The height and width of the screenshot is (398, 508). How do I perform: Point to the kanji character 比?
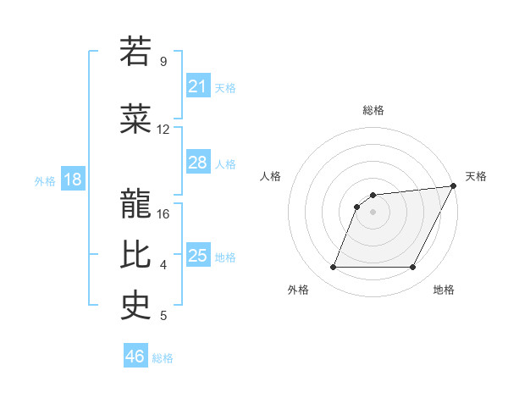(135, 255)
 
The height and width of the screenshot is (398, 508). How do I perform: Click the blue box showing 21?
(198, 86)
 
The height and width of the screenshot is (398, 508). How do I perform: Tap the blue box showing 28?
(198, 163)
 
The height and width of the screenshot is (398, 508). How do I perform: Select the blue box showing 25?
(198, 256)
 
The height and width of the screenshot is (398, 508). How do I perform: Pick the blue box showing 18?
(72, 180)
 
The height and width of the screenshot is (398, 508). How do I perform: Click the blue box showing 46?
(135, 357)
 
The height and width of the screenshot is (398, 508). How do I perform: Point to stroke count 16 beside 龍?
(164, 213)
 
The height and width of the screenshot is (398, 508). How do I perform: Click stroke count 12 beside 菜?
(163, 130)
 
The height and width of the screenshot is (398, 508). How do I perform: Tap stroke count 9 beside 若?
(163, 61)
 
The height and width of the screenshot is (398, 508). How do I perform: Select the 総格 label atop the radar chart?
(373, 110)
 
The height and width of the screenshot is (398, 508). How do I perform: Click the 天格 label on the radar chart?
(476, 176)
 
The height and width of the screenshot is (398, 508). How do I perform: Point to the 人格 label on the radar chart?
(271, 176)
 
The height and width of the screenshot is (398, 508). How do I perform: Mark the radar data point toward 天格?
(455, 185)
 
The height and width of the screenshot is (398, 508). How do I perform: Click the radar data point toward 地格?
(413, 268)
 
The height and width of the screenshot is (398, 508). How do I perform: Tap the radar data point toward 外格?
(333, 268)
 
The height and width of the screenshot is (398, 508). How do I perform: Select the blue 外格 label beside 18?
(44, 180)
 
